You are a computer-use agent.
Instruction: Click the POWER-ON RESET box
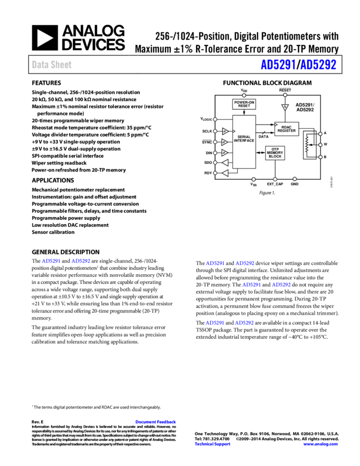coord(244,104)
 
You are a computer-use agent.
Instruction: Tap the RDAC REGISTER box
coord(286,129)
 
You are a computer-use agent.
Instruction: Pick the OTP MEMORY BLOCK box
coord(275,153)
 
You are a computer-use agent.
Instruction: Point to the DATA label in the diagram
coord(264,137)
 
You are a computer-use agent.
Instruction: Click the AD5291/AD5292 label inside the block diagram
coord(305,107)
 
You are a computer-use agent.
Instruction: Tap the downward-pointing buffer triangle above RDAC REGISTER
coord(284,107)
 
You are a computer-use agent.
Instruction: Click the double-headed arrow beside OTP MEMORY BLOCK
coord(260,153)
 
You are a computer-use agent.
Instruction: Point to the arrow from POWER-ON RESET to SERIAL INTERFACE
coord(244,112)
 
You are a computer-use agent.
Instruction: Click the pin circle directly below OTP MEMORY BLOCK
coord(275,179)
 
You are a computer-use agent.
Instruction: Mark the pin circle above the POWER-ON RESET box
coord(244,95)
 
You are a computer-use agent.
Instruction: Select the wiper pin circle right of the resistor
coord(321,145)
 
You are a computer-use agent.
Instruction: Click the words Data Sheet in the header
coord(52,65)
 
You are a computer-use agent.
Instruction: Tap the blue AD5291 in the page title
coord(278,65)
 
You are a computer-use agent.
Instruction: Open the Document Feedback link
coord(156,422)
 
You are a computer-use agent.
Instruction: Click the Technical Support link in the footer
coord(213,444)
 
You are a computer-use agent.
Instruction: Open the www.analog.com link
coord(321,444)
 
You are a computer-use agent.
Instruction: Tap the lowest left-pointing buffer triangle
coord(224,173)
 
